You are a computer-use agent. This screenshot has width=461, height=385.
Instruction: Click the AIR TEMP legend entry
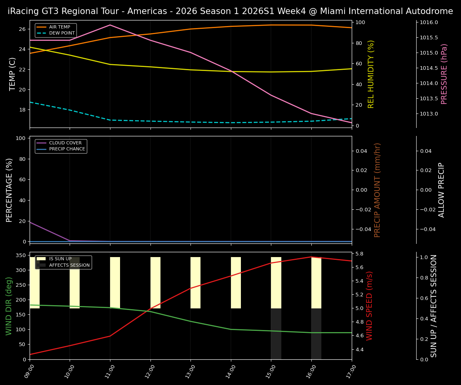point(59,27)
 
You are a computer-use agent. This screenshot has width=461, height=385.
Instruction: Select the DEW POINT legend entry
point(62,33)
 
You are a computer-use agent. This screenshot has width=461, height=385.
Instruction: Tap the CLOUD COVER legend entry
point(65,143)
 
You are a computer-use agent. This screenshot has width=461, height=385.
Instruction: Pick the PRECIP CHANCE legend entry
point(67,149)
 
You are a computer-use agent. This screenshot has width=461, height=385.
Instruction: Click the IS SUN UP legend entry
point(60,259)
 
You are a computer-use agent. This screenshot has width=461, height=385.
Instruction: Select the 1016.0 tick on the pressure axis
point(429,22)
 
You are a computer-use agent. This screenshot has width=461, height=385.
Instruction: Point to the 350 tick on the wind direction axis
point(22,255)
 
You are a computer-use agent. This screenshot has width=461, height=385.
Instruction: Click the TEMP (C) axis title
point(13,74)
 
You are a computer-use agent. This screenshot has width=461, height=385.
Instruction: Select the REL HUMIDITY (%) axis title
point(371,74)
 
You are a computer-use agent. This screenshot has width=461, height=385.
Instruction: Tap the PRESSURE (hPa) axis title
point(444,74)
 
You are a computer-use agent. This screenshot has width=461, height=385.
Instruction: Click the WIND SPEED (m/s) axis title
point(369,306)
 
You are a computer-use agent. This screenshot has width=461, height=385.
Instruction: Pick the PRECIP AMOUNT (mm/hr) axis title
point(377,190)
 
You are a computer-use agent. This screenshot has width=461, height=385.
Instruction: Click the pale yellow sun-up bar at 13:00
point(195,283)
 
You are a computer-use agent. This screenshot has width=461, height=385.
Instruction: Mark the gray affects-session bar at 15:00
point(276,334)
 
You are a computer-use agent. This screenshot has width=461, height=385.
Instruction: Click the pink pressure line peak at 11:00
point(110,25)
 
